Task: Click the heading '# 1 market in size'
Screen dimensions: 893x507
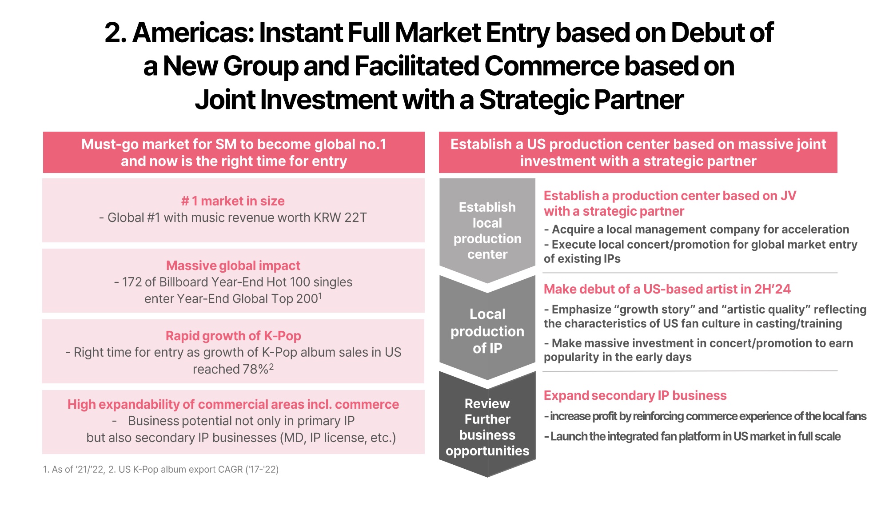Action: pyautogui.click(x=233, y=201)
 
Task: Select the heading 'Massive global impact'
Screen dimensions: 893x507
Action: pyautogui.click(x=233, y=266)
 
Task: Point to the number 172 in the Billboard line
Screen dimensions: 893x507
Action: pyautogui.click(x=132, y=282)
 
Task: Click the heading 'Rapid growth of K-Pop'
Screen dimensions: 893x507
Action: pyautogui.click(x=233, y=336)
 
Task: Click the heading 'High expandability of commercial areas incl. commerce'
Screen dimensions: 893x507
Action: pyautogui.click(x=233, y=404)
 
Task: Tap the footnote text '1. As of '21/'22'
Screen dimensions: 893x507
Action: pyautogui.click(x=73, y=469)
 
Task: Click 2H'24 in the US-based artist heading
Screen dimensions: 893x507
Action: pyautogui.click(x=772, y=289)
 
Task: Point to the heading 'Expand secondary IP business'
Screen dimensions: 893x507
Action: pyautogui.click(x=635, y=395)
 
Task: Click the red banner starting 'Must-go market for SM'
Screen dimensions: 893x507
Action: pyautogui.click(x=234, y=152)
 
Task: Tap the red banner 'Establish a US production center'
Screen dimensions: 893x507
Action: pyautogui.click(x=638, y=152)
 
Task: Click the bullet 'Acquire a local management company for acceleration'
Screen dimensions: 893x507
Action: pyautogui.click(x=697, y=229)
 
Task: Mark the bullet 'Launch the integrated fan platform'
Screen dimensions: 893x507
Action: pyautogui.click(x=692, y=436)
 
